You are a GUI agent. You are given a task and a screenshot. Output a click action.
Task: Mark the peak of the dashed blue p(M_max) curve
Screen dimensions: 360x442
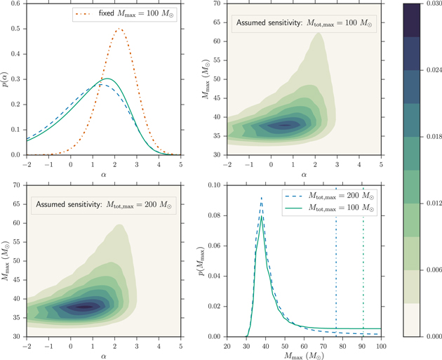pos(261,199)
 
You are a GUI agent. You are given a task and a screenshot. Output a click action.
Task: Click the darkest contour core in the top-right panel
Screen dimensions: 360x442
pos(285,126)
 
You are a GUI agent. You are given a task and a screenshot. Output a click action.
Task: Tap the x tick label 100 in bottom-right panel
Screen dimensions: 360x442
pos(382,345)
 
